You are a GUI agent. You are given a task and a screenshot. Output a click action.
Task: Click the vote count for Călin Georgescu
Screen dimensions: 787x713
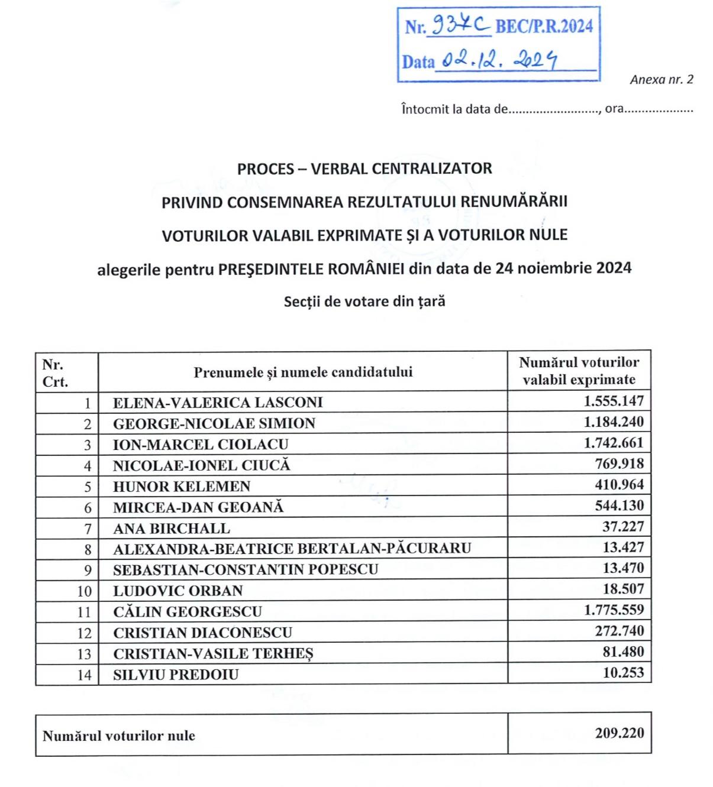pos(614,610)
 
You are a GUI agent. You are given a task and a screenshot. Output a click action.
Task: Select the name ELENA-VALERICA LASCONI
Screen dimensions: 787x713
pos(218,403)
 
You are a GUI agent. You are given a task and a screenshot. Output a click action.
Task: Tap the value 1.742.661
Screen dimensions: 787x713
pos(614,443)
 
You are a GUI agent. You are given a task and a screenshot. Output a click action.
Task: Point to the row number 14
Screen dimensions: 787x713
pos(84,675)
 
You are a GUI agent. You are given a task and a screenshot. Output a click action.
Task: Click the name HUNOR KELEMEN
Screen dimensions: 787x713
pos(182,487)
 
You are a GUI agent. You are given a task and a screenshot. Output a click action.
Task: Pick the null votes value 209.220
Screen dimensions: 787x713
pos(620,733)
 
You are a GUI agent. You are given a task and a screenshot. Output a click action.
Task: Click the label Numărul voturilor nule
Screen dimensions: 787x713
pos(119,736)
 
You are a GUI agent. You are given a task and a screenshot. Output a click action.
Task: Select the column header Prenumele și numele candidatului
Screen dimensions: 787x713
pos(303,373)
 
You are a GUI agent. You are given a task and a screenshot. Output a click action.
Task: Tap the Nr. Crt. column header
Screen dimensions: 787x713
pos(55,373)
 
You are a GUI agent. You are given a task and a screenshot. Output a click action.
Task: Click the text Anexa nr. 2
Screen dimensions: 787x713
pos(662,80)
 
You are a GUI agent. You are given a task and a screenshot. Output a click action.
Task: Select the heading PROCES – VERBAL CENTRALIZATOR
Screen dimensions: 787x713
pos(364,169)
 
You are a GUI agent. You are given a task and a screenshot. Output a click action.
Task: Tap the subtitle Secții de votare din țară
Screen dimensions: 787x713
pos(364,302)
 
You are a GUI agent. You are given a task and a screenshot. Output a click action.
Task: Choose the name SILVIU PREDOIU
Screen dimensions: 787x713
pos(176,675)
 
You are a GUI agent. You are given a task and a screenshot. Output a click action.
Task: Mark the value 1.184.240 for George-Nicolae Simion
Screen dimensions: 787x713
pos(614,422)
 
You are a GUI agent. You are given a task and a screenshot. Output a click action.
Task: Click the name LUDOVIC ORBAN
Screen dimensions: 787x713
pos(178,591)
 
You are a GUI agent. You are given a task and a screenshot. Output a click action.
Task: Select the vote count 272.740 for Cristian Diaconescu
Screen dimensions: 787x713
pos(620,631)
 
